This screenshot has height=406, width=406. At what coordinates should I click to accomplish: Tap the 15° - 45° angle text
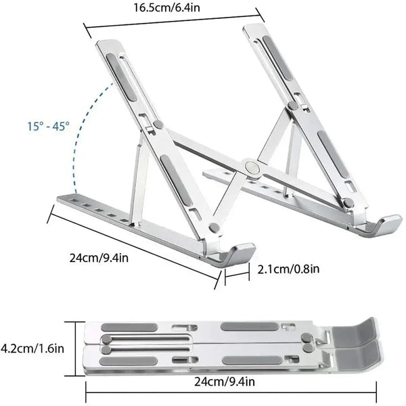pyautogui.click(x=47, y=126)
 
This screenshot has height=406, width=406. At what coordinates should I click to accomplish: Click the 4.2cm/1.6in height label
pyautogui.click(x=32, y=348)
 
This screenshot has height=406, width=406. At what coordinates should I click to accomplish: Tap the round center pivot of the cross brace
pyautogui.click(x=252, y=166)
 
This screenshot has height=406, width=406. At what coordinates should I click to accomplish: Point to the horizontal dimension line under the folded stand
pyautogui.click(x=230, y=390)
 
